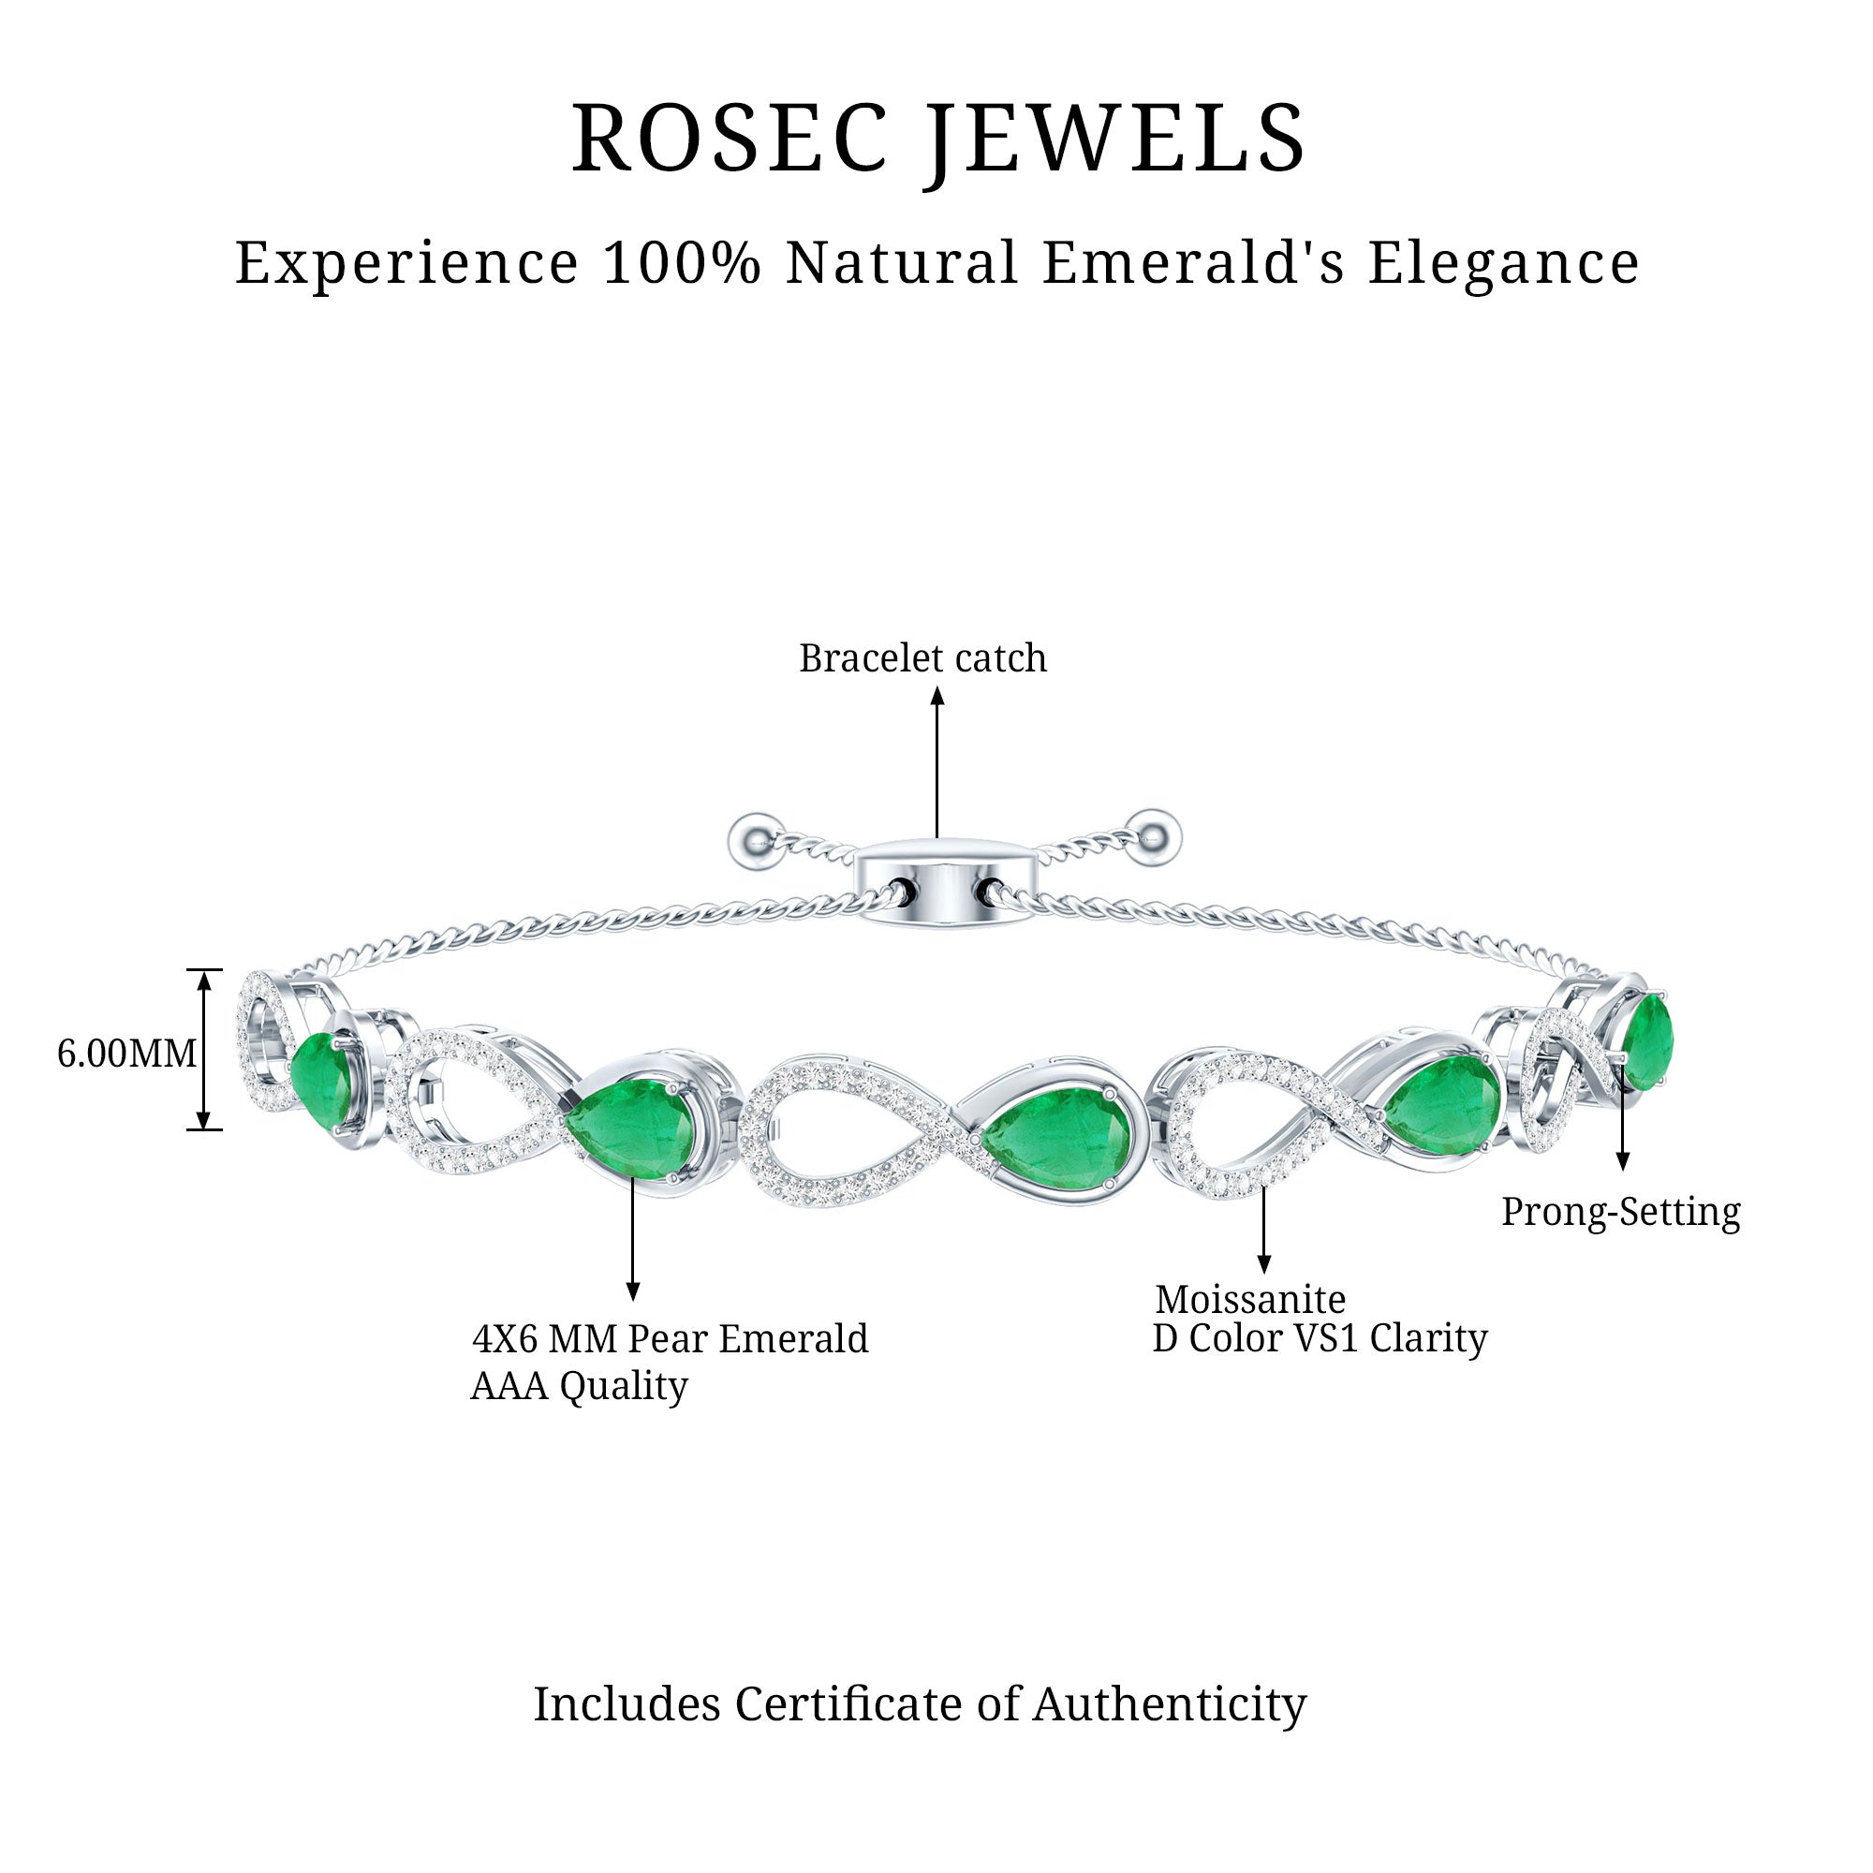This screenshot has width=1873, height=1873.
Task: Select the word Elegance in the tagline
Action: [1503, 264]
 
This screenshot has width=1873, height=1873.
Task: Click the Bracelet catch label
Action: [922, 658]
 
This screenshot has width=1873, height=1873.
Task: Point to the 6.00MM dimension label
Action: [126, 1053]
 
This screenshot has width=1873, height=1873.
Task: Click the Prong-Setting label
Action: [1621, 1212]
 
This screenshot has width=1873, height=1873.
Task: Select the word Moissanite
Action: [1249, 1299]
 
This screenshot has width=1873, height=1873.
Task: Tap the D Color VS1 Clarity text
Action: [1320, 1339]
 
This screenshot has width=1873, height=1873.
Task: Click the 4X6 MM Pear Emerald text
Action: [670, 1339]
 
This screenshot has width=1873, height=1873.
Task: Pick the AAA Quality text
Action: [579, 1386]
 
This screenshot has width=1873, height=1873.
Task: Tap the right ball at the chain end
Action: [1152, 833]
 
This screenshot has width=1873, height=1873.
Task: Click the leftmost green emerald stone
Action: [322, 1080]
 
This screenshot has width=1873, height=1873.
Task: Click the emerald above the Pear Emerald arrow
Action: [632, 1129]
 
